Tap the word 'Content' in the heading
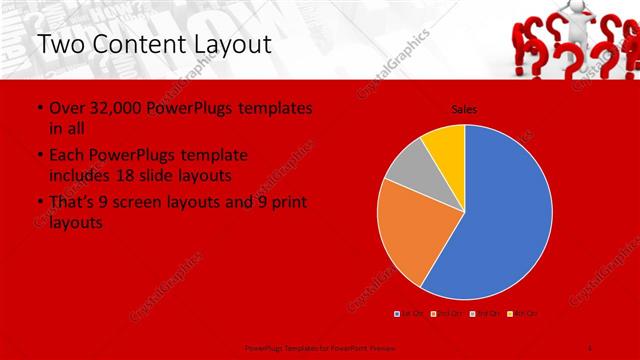point(139,44)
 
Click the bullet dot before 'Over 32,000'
point(38,108)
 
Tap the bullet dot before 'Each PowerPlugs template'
point(38,156)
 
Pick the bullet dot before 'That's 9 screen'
point(38,203)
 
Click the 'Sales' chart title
point(464,108)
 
